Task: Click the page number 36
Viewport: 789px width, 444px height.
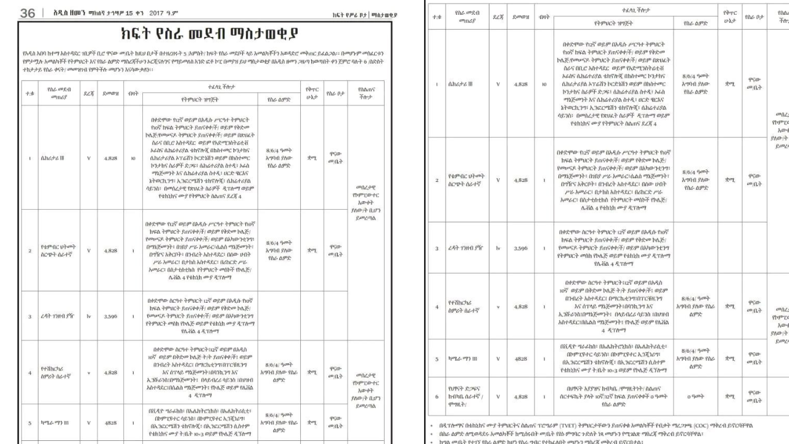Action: (28, 13)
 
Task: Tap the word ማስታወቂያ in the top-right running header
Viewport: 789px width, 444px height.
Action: (385, 14)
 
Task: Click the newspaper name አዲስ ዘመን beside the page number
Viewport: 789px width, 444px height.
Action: (63, 13)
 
